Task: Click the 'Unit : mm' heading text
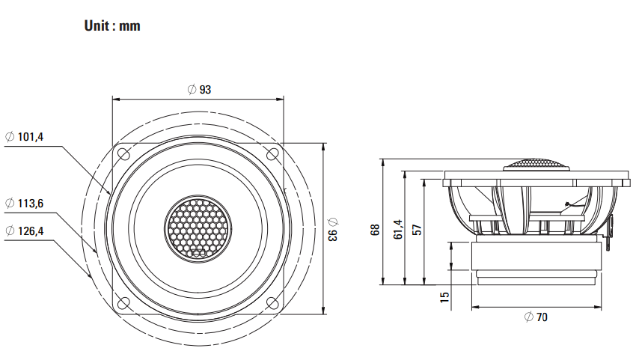point(112,26)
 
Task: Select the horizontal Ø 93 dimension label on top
point(199,89)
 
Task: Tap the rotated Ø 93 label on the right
point(333,229)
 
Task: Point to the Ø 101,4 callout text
point(25,137)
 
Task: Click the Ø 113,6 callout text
point(25,203)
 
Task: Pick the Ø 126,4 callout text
point(25,231)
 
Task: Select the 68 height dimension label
point(375,230)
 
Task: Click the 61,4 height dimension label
point(398,229)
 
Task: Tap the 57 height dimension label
point(417,230)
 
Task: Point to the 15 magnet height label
point(444,296)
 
